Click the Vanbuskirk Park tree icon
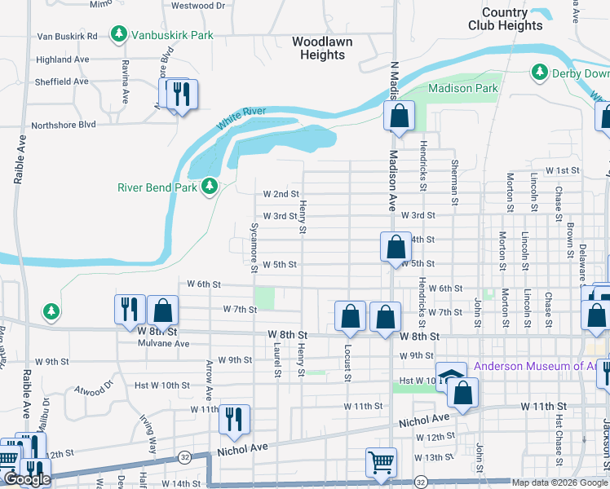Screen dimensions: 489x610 (x=120, y=34)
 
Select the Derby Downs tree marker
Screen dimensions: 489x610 (x=539, y=73)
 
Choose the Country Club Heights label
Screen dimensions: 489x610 (x=505, y=19)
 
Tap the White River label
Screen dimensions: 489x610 (x=242, y=120)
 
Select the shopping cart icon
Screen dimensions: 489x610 (x=381, y=462)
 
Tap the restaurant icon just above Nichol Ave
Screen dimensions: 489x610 (x=234, y=419)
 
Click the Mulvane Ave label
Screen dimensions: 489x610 (x=166, y=344)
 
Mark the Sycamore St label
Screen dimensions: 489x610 (x=254, y=243)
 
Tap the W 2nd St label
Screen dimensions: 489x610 (x=280, y=194)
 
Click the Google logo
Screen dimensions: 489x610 (x=27, y=480)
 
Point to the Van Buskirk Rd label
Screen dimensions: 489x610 (x=67, y=37)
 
